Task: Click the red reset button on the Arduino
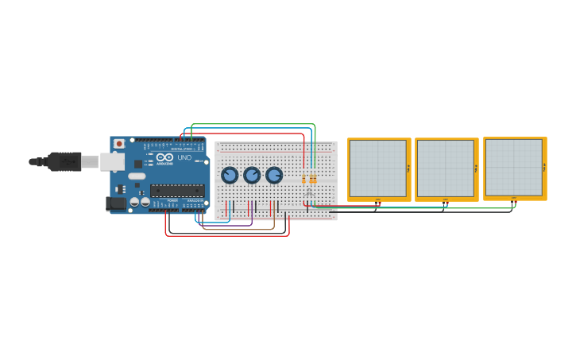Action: (119, 144)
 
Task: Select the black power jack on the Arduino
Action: (115, 203)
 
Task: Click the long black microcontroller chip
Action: (177, 189)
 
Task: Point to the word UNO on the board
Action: (184, 157)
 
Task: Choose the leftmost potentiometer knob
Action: (230, 175)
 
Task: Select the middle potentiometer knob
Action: (252, 175)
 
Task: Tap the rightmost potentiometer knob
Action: (274, 175)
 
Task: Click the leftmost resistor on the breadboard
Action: (303, 179)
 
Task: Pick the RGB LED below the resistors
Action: (309, 192)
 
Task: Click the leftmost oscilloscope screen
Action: (378, 168)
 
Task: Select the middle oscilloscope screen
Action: (446, 168)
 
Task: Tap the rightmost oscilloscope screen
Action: (514, 167)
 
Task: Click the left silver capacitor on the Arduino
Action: (134, 202)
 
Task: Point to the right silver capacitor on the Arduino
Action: (145, 202)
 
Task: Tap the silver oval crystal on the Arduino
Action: (137, 176)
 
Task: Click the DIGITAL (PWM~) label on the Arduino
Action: (182, 149)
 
